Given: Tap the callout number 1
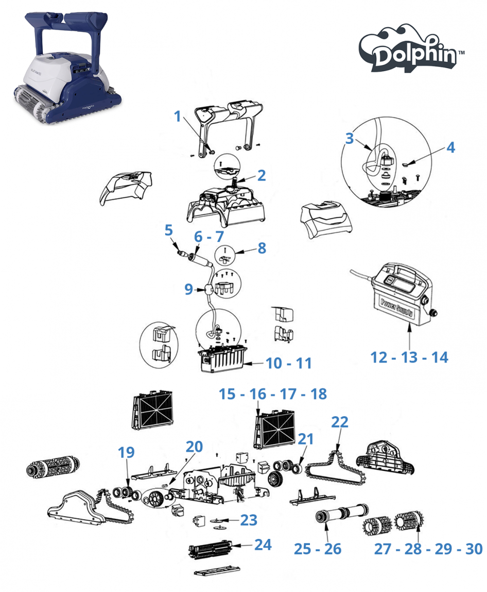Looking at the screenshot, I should coord(178,116).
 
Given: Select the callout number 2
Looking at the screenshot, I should coord(262,175).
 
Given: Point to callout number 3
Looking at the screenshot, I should coord(350,138).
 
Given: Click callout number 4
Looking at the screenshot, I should coord(450,147).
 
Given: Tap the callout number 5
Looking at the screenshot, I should coord(168,231).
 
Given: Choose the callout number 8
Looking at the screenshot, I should coord(262,248).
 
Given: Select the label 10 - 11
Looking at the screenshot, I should coord(289,363).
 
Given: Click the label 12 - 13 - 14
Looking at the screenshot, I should coord(409,357).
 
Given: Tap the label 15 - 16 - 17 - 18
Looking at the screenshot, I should coord(272,394).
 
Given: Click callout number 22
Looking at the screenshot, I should coord(340,422).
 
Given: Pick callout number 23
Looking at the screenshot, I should coord(249,520).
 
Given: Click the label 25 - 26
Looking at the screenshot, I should coord(318,549).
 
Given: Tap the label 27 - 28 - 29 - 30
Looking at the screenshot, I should coord(428,549).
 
